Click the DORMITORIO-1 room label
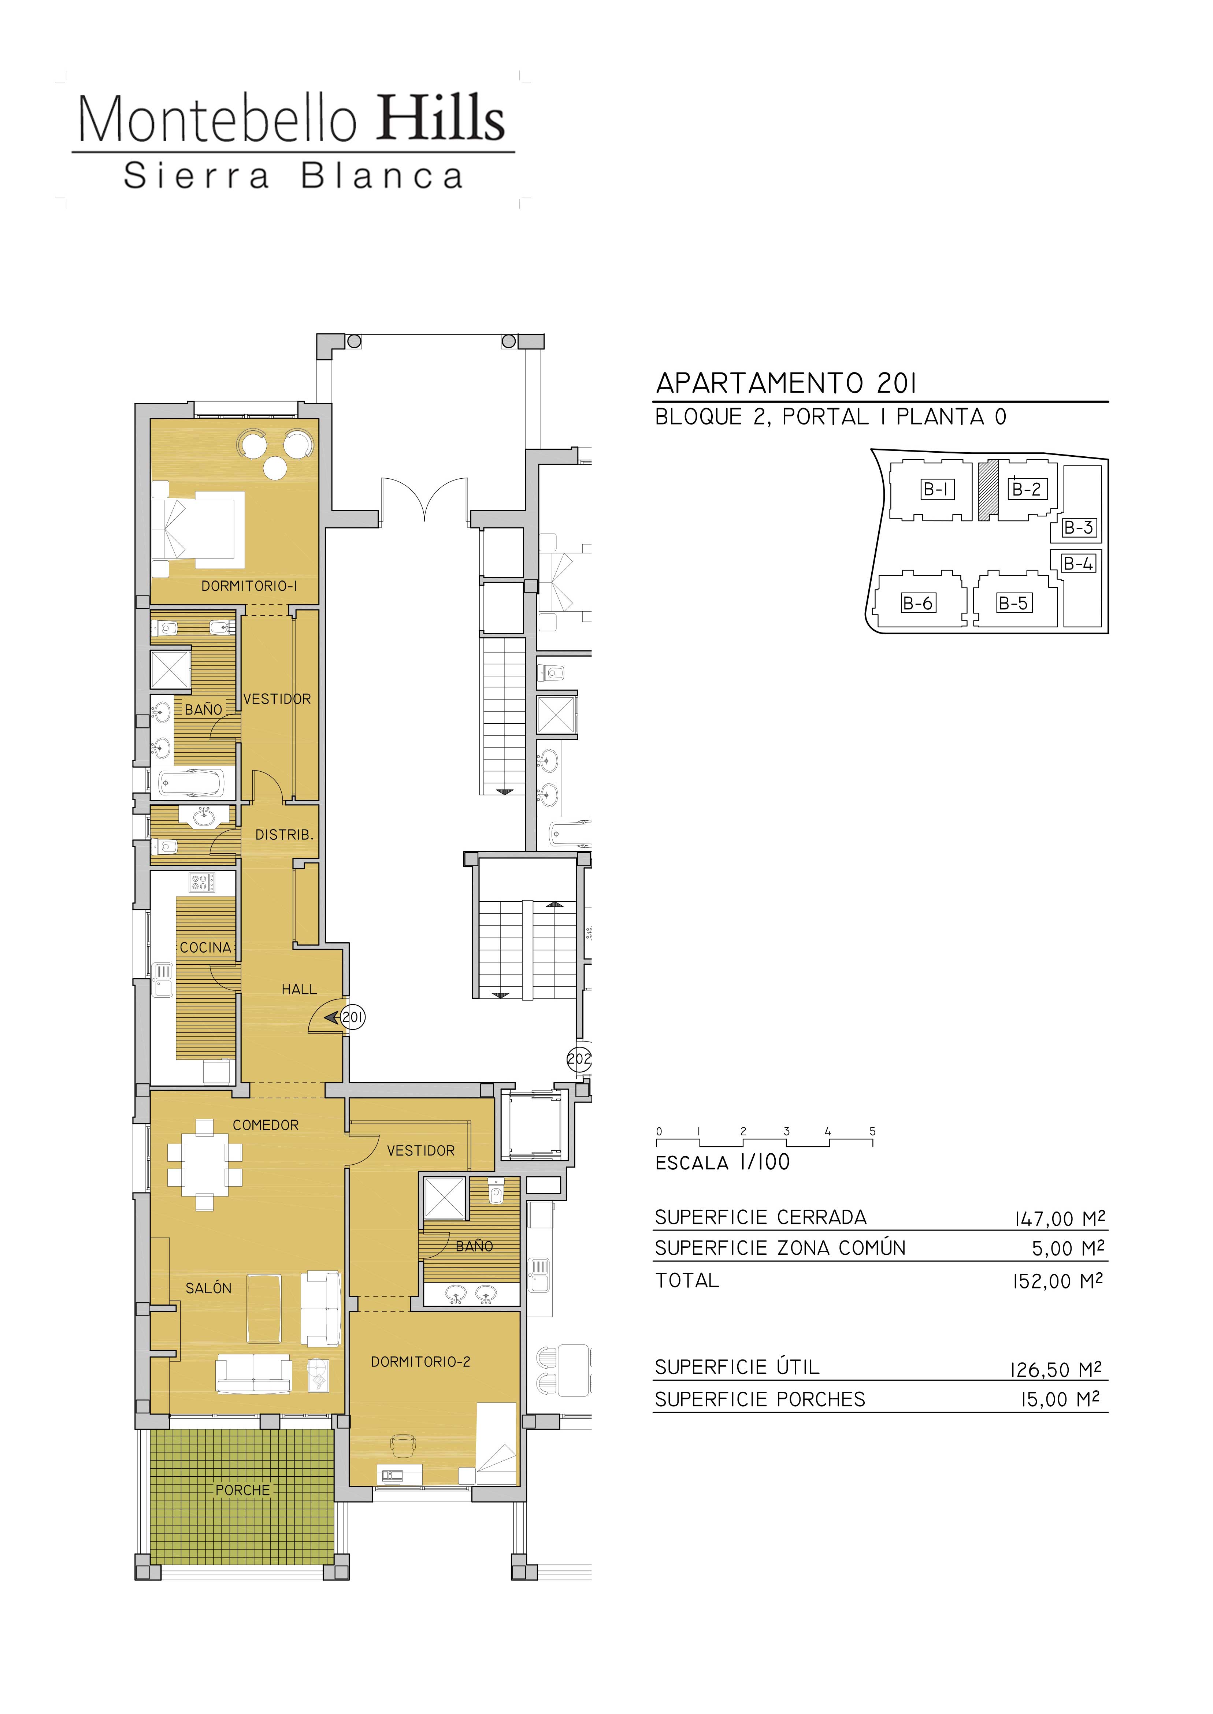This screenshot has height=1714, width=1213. [x=249, y=586]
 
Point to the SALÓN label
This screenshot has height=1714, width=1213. [x=208, y=1288]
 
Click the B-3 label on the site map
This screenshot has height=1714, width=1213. [x=1079, y=527]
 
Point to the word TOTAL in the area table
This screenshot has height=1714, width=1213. [x=687, y=1281]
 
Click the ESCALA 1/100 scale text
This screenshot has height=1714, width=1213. [x=722, y=1162]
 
